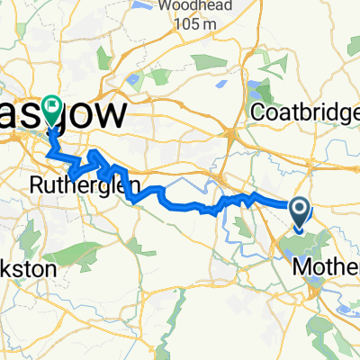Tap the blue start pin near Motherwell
[300, 212]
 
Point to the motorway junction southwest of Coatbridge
[232, 134]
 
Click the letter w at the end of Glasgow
[118, 115]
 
